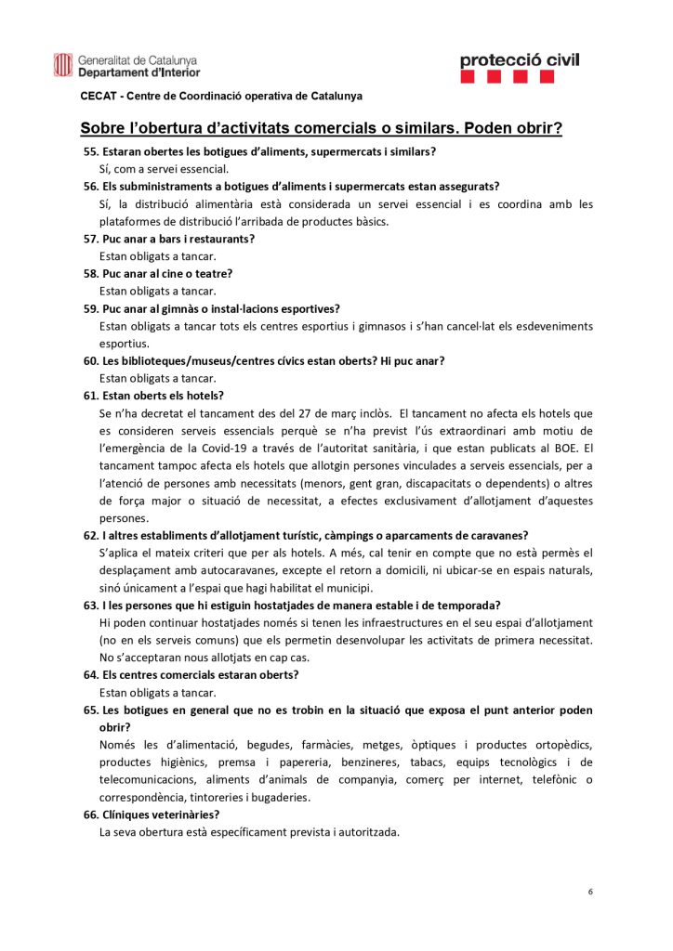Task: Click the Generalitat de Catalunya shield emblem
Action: point(62,65)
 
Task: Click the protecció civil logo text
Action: point(520,60)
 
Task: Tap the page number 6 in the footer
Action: point(590,892)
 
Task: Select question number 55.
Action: point(90,151)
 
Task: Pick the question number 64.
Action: point(90,675)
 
